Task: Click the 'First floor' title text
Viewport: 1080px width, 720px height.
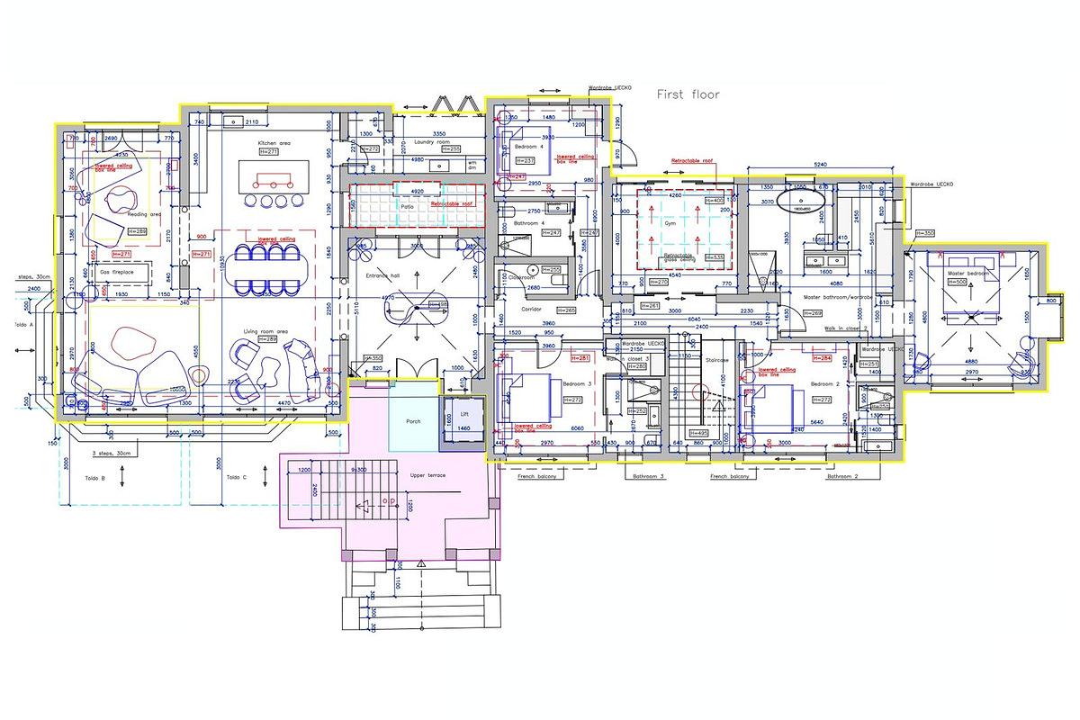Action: click(688, 94)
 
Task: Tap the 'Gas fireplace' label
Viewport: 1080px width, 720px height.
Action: click(117, 271)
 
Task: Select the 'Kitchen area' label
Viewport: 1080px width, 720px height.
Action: click(274, 143)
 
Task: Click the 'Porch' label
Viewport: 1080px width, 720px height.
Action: click(413, 420)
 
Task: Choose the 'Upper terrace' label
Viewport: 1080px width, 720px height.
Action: click(428, 474)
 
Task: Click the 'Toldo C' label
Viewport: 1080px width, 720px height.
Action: click(237, 477)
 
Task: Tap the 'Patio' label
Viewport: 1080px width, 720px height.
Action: click(408, 206)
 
